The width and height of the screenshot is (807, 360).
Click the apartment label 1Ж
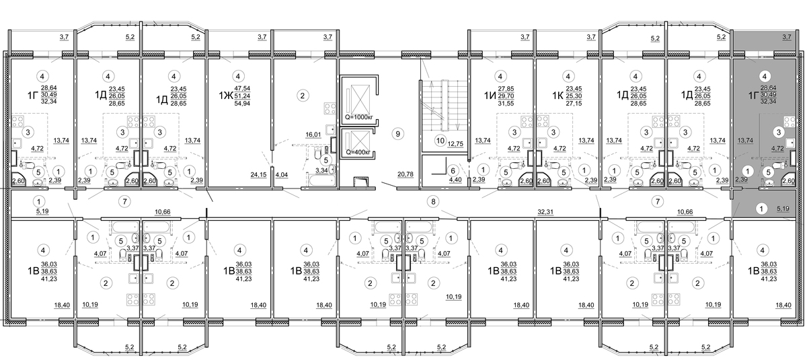[x=225, y=96]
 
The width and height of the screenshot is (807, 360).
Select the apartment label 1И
[x=490, y=96]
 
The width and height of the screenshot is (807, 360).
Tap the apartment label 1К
[x=558, y=96]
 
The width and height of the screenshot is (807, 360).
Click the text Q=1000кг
[x=359, y=118]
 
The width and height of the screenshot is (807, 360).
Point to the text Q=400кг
[x=358, y=153]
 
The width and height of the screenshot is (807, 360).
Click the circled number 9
[x=397, y=134]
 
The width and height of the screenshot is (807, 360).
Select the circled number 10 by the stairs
[x=440, y=141]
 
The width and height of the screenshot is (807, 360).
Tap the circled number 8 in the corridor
[x=433, y=202]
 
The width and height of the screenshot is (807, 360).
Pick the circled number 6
[x=453, y=171]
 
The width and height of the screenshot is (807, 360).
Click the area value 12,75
[x=455, y=144]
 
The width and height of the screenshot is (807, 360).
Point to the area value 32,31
[x=545, y=212]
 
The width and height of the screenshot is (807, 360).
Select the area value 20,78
[x=406, y=174]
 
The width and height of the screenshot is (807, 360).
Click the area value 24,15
[x=258, y=175]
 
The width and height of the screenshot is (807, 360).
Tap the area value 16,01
[x=313, y=135]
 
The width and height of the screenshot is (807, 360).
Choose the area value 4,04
[x=282, y=175]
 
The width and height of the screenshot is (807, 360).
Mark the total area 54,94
[x=242, y=104]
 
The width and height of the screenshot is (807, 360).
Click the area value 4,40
[x=455, y=180]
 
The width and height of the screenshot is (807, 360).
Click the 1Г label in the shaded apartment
[x=753, y=96]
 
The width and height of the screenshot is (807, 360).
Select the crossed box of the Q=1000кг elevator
[x=360, y=100]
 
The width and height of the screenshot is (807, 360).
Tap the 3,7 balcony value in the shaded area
[x=787, y=37]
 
